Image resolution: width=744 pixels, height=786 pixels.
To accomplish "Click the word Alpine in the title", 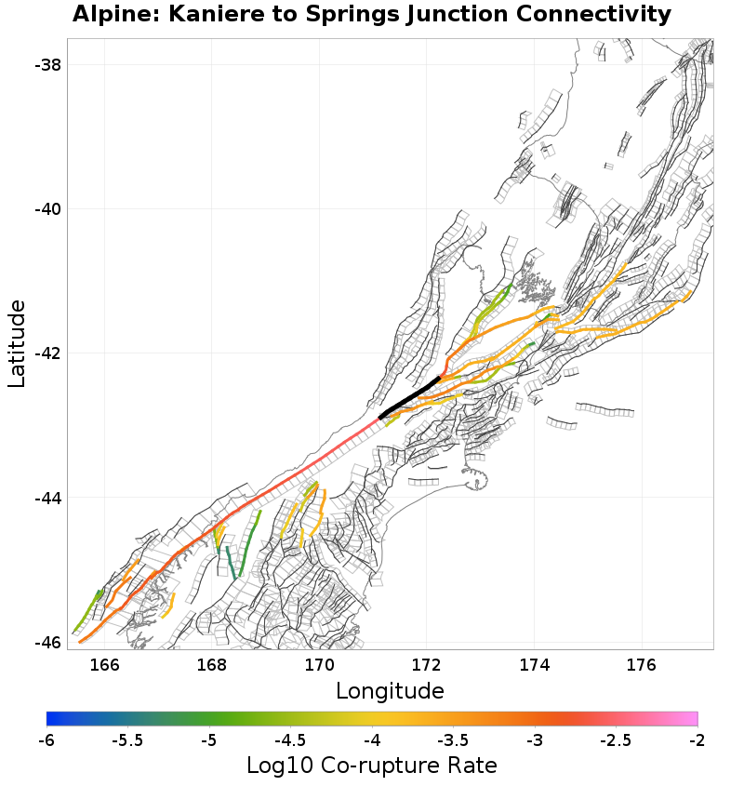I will pos(110,15).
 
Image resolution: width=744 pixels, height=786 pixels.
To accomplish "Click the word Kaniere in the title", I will pos(205,15).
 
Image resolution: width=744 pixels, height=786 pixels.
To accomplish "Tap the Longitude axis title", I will pos(390,691).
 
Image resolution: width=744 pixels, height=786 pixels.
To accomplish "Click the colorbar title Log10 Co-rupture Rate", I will pos(372,766).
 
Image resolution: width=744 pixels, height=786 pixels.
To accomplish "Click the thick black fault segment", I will pos(410,398).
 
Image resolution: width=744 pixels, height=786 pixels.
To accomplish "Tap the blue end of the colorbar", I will pos(52,718).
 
